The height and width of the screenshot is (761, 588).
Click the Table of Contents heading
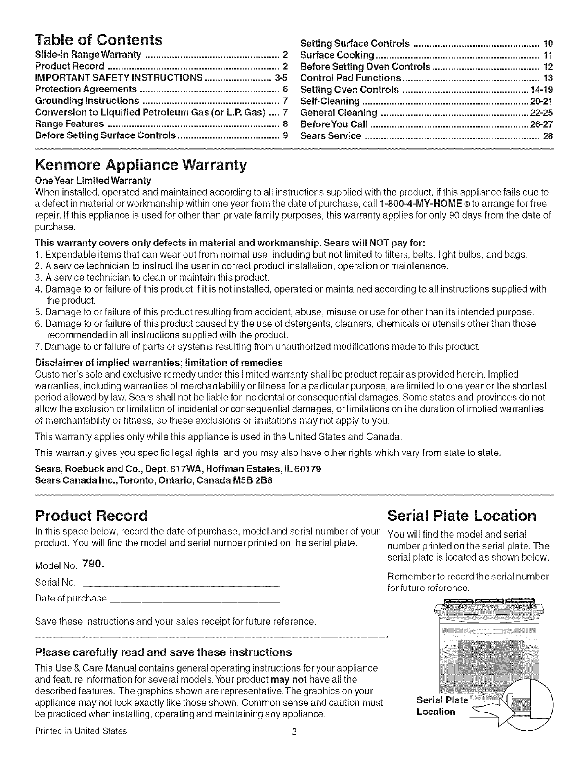click(99, 38)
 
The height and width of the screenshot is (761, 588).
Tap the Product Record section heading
click(91, 516)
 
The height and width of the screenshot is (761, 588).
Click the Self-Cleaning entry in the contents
click(330, 101)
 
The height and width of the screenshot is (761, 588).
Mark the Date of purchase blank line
click(195, 601)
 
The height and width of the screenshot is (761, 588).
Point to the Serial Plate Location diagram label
click(441, 705)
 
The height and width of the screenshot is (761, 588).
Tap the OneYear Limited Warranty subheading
click(93, 181)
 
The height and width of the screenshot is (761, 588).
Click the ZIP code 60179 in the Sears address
click(310, 469)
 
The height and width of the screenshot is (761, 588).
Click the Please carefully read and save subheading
click(163, 652)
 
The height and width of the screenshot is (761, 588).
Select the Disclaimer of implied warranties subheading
click(159, 362)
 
